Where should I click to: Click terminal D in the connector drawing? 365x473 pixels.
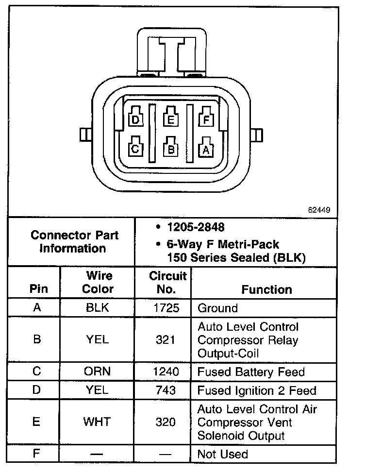click(x=136, y=119)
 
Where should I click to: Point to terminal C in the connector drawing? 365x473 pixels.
click(x=136, y=149)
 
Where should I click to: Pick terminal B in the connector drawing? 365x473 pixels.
click(x=171, y=149)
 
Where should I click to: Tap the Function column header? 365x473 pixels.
click(x=266, y=289)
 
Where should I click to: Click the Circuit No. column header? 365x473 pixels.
click(x=167, y=283)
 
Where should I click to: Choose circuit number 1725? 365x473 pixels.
click(x=166, y=308)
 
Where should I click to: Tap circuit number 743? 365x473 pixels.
click(x=166, y=390)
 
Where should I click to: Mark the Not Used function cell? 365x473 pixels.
click(x=222, y=455)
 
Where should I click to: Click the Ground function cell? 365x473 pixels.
click(x=217, y=308)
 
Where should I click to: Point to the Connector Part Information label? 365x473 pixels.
click(x=74, y=242)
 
